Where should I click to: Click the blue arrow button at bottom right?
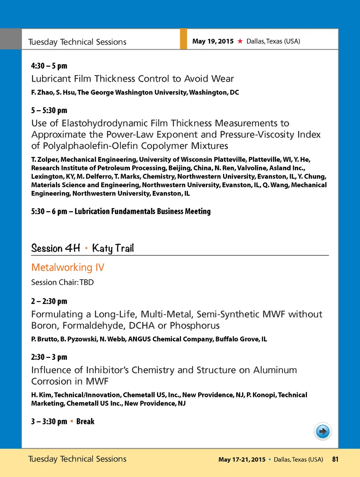[322, 431]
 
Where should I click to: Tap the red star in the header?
[240, 41]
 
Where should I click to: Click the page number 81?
[335, 459]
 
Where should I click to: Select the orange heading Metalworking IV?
[68, 268]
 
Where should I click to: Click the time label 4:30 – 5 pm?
[49, 66]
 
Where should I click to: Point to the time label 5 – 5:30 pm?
[49, 111]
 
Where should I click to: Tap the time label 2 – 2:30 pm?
[49, 301]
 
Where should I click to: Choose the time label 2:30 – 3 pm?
[49, 357]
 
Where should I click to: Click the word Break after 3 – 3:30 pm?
[85, 421]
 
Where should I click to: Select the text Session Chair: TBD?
[62, 282]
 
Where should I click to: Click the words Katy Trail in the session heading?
[113, 249]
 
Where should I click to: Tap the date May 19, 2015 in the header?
[213, 41]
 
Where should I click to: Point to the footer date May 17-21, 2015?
[242, 459]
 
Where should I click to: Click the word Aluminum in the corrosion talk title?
[275, 370]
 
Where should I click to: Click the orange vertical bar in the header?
[183, 39]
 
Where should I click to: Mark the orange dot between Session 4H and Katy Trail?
[86, 248]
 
